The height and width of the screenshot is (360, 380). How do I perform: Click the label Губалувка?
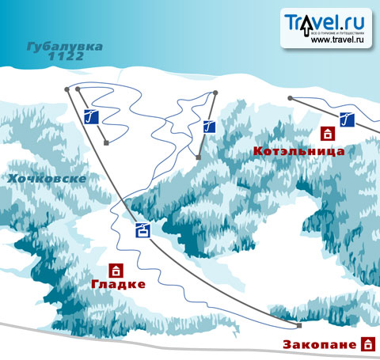66,47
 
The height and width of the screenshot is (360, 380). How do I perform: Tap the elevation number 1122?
66,58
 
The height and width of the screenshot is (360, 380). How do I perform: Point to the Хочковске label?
46,180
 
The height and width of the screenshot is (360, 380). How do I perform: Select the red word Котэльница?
298,150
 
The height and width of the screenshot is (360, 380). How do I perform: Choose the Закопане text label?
321,345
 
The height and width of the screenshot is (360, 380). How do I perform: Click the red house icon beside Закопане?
367,344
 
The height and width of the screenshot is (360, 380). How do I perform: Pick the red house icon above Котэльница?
325,134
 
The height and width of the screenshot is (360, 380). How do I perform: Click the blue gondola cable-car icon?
142,230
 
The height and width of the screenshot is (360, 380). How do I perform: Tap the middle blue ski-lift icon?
209,125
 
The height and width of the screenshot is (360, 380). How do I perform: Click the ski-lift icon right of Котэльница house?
346,119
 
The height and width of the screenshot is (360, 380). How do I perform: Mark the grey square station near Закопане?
299,326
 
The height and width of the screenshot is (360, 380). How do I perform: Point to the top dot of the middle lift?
215,93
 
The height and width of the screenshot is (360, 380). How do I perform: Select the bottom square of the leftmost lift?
105,143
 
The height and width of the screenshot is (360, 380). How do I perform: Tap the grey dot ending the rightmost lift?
291,98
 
